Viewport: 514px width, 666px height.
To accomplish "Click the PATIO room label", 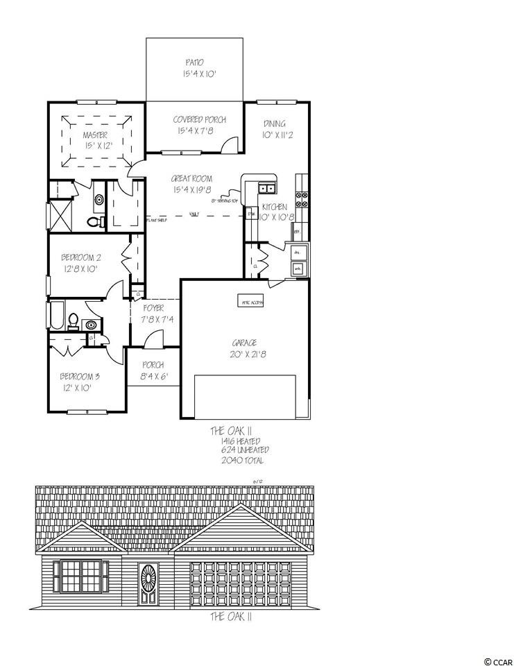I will [194, 62].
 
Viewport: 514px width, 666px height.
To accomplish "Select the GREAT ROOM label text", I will [192, 179].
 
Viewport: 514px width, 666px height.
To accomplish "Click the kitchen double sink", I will [267, 188].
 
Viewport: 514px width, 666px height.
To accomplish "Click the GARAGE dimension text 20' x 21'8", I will [246, 354].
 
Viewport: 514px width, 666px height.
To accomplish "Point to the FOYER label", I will [153, 308].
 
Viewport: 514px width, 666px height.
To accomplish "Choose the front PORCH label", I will [153, 365].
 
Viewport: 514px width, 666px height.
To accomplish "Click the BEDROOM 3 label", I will [80, 377].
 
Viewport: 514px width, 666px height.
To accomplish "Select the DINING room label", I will [275, 124].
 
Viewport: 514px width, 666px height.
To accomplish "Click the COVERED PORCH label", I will [199, 119].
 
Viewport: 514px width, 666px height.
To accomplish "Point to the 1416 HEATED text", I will [241, 441].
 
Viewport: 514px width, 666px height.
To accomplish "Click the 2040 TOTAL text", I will [242, 460].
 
